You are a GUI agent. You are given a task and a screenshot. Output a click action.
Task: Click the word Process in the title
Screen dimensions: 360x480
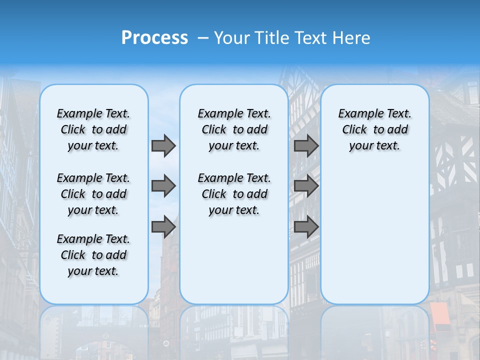(x=154, y=38)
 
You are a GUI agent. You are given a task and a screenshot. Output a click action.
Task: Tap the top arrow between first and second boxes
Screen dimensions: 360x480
(x=163, y=146)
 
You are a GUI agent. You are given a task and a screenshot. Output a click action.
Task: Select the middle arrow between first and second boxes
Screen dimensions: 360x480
(x=163, y=186)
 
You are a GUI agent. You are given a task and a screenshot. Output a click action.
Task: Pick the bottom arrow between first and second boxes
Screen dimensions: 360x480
(x=163, y=226)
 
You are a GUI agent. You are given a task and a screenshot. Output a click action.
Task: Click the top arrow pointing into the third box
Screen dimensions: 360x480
(x=306, y=146)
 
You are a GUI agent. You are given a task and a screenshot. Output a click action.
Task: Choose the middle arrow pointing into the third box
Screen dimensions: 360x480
(x=306, y=186)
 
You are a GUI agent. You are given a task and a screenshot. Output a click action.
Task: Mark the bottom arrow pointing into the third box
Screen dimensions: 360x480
(x=306, y=226)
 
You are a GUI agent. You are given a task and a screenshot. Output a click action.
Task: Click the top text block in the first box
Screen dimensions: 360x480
(x=93, y=129)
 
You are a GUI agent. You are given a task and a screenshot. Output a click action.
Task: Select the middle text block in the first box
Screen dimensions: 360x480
(x=93, y=194)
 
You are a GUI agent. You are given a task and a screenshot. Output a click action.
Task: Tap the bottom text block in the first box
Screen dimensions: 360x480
(x=93, y=255)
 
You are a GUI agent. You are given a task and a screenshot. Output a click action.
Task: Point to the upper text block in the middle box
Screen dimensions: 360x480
(x=234, y=129)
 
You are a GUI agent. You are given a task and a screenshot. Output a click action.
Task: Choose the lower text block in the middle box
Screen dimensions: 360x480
(x=234, y=194)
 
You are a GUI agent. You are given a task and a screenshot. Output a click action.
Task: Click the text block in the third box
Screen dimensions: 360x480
(x=374, y=129)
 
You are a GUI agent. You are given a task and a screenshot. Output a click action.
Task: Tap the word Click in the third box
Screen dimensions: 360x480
(x=354, y=130)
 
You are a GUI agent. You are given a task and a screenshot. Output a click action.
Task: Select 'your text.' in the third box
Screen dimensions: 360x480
(x=374, y=146)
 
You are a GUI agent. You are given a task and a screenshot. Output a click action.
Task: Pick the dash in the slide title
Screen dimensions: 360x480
(x=202, y=38)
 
